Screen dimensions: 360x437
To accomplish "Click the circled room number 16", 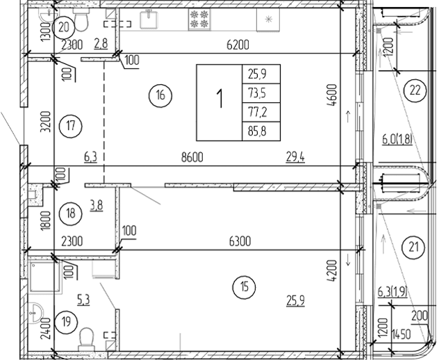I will point(160,96).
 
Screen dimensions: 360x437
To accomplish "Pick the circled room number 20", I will point(64,28).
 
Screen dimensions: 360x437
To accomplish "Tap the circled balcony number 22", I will point(415,90).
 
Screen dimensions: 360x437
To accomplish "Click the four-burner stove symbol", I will point(199,18).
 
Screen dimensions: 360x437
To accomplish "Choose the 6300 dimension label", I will point(240,241).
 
